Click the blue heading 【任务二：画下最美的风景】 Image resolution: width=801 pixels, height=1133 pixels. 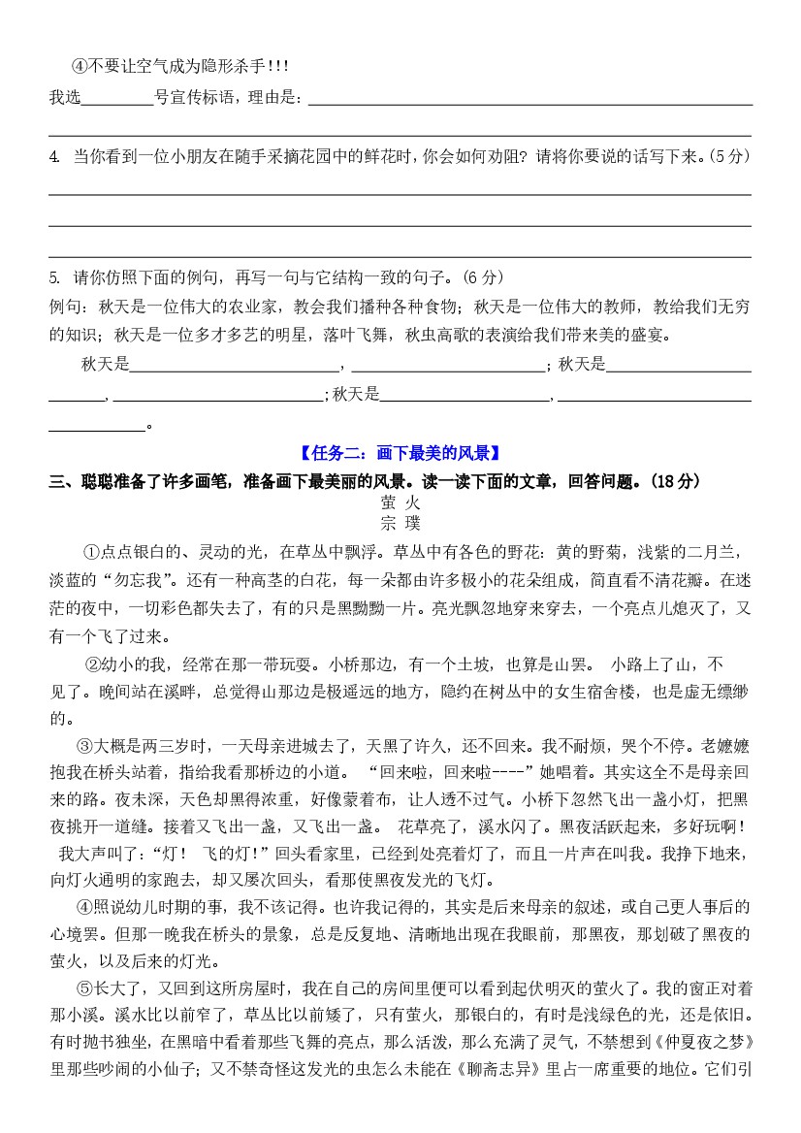pos(400,452)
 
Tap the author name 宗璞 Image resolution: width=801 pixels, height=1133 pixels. pos(400,524)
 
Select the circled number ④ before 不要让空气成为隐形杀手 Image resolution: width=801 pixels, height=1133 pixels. pos(80,67)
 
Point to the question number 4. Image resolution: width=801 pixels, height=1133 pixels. pos(53,156)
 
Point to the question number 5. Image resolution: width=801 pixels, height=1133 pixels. pos(53,277)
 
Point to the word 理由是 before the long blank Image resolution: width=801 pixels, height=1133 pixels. pos(274,97)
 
